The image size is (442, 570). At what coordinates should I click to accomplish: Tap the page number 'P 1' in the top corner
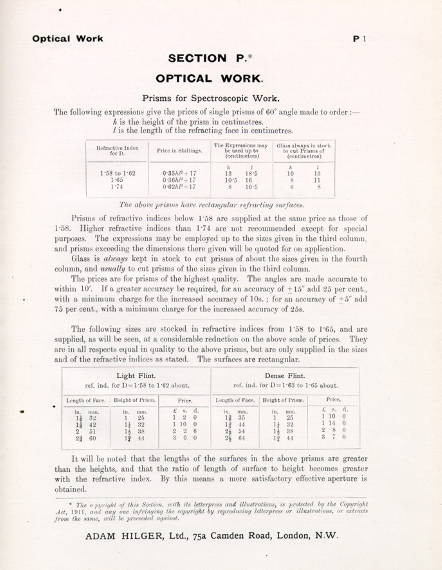pyautogui.click(x=359, y=39)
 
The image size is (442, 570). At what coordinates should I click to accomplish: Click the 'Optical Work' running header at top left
pyautogui.click(x=68, y=39)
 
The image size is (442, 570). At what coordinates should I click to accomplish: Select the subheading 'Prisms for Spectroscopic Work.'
pyautogui.click(x=211, y=98)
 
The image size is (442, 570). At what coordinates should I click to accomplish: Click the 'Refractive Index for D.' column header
pyautogui.click(x=117, y=151)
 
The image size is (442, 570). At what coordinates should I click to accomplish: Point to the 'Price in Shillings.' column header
pyautogui.click(x=180, y=151)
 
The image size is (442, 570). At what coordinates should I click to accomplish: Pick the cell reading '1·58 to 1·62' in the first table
pyautogui.click(x=118, y=174)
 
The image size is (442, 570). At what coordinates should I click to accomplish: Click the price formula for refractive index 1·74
pyautogui.click(x=179, y=187)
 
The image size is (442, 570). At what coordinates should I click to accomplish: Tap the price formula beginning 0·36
pyautogui.click(x=179, y=180)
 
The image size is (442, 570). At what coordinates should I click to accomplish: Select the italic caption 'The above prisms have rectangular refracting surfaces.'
pyautogui.click(x=211, y=205)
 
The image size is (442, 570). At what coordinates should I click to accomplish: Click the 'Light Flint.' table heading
pyautogui.click(x=136, y=376)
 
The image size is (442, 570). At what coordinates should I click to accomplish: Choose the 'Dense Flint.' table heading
pyautogui.click(x=285, y=376)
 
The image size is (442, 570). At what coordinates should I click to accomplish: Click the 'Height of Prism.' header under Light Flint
pyautogui.click(x=134, y=400)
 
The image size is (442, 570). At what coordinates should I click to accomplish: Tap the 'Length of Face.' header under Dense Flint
pyautogui.click(x=235, y=400)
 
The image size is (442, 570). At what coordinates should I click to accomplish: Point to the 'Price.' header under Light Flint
pyautogui.click(x=185, y=401)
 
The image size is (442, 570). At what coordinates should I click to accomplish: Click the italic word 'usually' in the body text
pyautogui.click(x=113, y=269)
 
